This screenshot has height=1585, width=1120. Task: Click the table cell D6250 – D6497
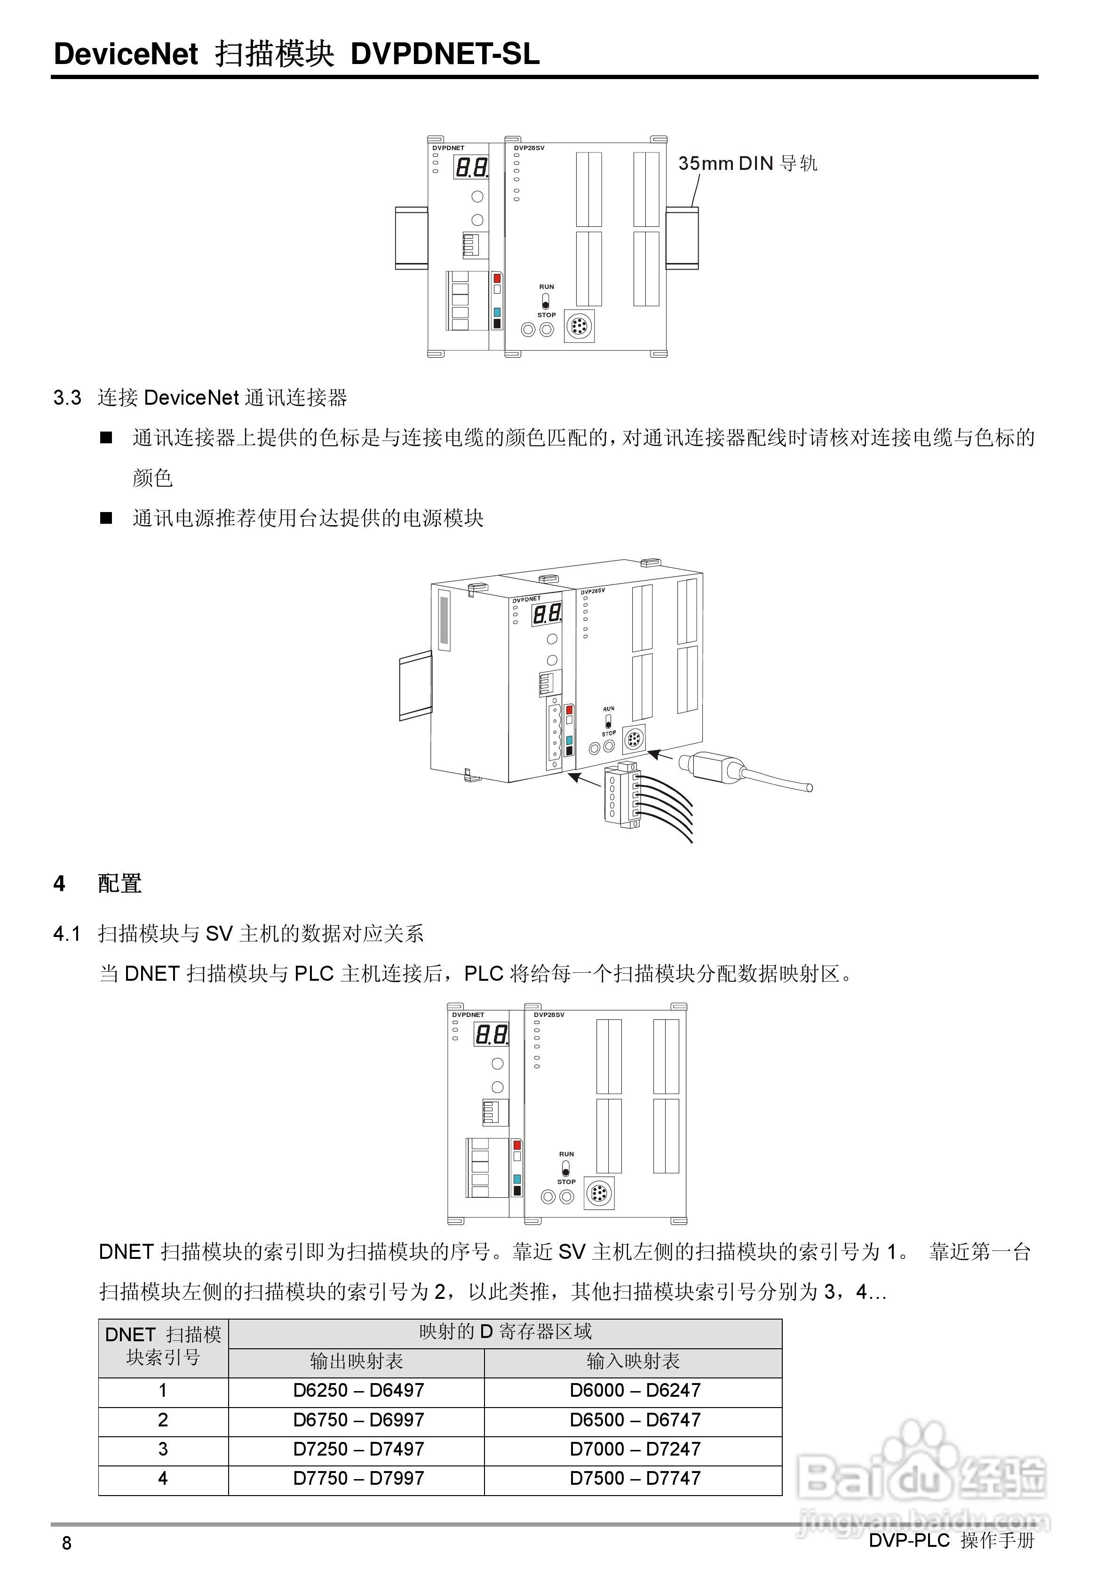coord(358,1390)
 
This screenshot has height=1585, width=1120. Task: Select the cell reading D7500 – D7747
coord(634,1478)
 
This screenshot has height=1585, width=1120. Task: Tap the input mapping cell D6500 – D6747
coord(634,1420)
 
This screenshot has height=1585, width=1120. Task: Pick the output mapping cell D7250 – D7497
coord(358,1449)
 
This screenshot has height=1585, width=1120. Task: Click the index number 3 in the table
coord(163,1449)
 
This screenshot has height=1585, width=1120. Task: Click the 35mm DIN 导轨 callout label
coord(747,164)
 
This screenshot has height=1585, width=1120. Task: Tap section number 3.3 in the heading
coord(67,398)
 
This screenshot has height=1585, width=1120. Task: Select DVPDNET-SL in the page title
coord(445,54)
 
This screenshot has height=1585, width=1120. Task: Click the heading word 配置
coord(119,883)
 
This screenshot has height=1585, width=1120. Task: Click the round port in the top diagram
coord(580,326)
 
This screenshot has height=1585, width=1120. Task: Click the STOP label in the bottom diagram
coord(566,1181)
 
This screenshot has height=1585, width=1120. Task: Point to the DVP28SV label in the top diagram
coord(529,148)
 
